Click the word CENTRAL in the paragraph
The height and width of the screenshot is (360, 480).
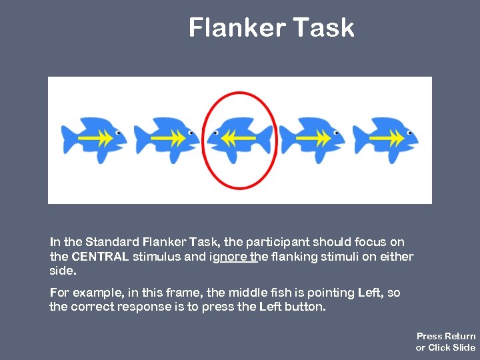click(100, 257)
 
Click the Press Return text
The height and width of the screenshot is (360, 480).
click(446, 336)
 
